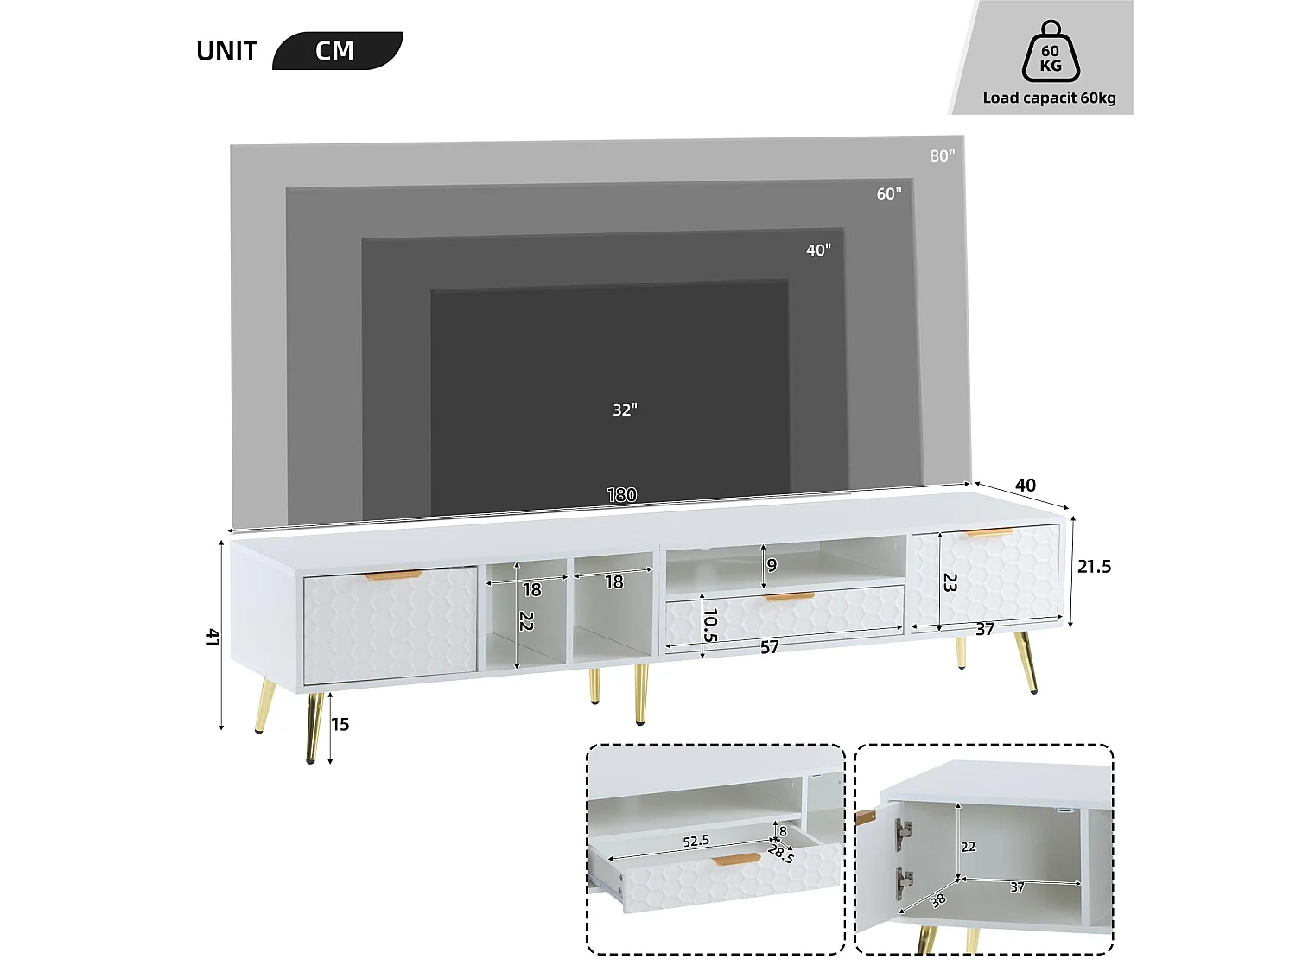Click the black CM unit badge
[x=337, y=51]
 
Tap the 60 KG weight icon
[x=1051, y=54]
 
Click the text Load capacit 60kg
[x=1049, y=98]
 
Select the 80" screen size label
[x=942, y=156]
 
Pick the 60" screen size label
[x=888, y=194]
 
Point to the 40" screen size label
[x=818, y=251]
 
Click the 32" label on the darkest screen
[x=625, y=410]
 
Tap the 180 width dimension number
[x=621, y=494]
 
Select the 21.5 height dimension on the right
[x=1094, y=567]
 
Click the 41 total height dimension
[x=213, y=637]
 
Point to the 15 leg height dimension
[x=340, y=725]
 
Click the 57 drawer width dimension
[x=769, y=647]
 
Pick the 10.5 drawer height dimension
[x=710, y=625]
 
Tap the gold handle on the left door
[x=392, y=575]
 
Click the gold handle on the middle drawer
[x=789, y=596]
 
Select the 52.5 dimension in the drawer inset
[x=696, y=841]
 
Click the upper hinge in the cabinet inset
[x=904, y=832]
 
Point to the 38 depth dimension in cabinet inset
[x=937, y=900]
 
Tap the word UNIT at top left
[x=226, y=52]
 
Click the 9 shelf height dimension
[x=772, y=565]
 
